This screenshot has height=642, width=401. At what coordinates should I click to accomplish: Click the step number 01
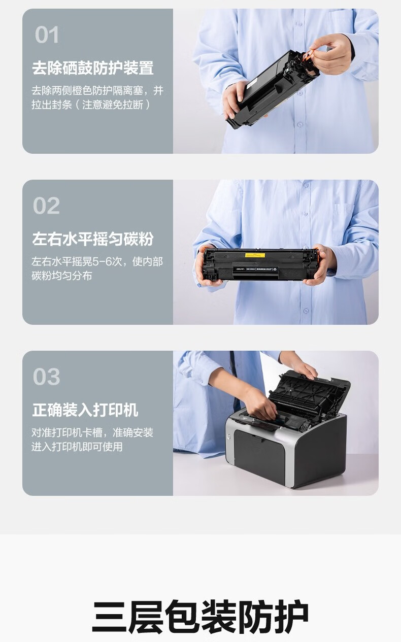(x=47, y=35)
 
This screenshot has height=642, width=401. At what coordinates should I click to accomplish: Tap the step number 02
(x=46, y=206)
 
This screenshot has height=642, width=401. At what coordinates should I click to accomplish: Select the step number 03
(x=46, y=377)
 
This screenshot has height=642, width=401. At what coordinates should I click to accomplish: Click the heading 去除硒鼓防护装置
(x=93, y=68)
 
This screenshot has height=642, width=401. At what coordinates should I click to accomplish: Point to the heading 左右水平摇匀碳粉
(x=93, y=239)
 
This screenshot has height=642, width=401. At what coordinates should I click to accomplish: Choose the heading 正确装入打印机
(x=85, y=410)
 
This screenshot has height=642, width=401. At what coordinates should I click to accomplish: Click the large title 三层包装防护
(x=201, y=616)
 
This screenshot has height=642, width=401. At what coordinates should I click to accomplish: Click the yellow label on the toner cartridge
(x=255, y=255)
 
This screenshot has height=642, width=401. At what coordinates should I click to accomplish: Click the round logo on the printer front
(x=229, y=436)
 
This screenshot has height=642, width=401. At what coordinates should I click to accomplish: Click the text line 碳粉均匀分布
(x=61, y=276)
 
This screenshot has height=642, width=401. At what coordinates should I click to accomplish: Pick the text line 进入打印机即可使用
(x=77, y=447)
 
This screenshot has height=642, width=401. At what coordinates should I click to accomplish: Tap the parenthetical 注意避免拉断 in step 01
(x=113, y=105)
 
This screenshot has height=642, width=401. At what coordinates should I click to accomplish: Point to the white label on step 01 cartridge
(x=251, y=83)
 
